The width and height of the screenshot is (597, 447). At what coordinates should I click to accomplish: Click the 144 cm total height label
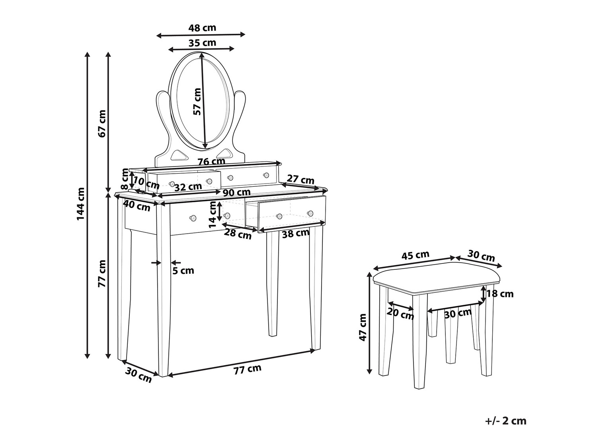click(x=81, y=203)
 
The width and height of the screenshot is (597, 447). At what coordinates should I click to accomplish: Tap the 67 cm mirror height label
click(x=102, y=124)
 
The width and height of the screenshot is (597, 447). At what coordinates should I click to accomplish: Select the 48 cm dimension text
click(x=202, y=28)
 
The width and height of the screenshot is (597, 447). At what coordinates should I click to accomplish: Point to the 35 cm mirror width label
click(x=202, y=43)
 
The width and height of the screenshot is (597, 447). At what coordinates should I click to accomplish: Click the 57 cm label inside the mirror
click(x=197, y=101)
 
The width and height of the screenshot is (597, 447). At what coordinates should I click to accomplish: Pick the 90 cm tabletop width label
click(x=237, y=192)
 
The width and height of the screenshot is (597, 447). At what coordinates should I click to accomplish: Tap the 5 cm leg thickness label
click(x=183, y=270)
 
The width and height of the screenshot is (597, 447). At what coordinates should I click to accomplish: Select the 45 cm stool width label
click(x=416, y=255)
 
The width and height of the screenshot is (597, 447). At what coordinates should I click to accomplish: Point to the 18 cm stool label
click(x=500, y=294)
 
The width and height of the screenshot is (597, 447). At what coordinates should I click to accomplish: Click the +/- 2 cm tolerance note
click(x=505, y=421)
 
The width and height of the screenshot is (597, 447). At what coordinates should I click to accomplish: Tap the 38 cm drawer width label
click(x=295, y=233)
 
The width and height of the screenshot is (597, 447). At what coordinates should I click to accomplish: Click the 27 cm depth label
click(x=300, y=180)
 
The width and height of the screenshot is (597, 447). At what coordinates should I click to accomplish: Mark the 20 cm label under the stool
click(x=400, y=314)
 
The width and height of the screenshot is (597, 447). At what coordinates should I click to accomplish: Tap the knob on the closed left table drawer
click(x=193, y=218)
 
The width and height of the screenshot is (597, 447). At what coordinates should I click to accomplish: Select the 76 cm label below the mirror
click(x=211, y=161)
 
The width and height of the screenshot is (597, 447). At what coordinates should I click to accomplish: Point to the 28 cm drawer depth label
click(x=238, y=234)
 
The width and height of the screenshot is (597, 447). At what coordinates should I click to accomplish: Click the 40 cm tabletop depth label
click(x=137, y=206)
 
